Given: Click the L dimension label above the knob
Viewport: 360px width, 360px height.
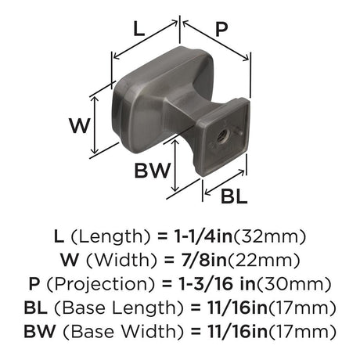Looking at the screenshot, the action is coord(139,29).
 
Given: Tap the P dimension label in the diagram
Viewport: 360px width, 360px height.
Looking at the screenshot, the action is coord(221,29).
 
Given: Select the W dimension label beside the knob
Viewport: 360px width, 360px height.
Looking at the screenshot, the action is coord(80,125).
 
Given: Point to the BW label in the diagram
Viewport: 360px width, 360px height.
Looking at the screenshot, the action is coord(153,171).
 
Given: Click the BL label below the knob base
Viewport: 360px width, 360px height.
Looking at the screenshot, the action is coord(234,196).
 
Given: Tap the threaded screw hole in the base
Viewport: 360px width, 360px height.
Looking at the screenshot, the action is coord(223,136).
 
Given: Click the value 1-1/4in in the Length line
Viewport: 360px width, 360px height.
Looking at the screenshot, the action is coord(203,236).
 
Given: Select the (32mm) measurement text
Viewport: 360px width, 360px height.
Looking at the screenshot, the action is coord(269,236).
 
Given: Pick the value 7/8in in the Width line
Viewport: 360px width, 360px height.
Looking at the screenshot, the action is coord(204,260).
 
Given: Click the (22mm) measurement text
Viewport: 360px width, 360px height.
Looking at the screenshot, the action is coord(265,261).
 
